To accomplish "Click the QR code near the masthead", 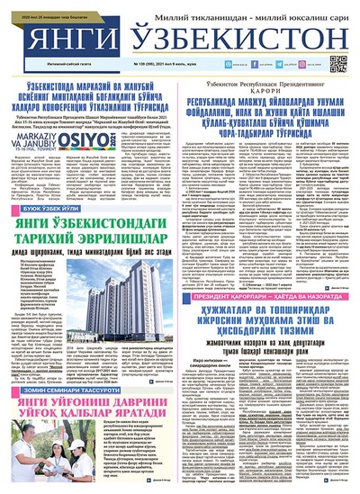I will click(x=338, y=63).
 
